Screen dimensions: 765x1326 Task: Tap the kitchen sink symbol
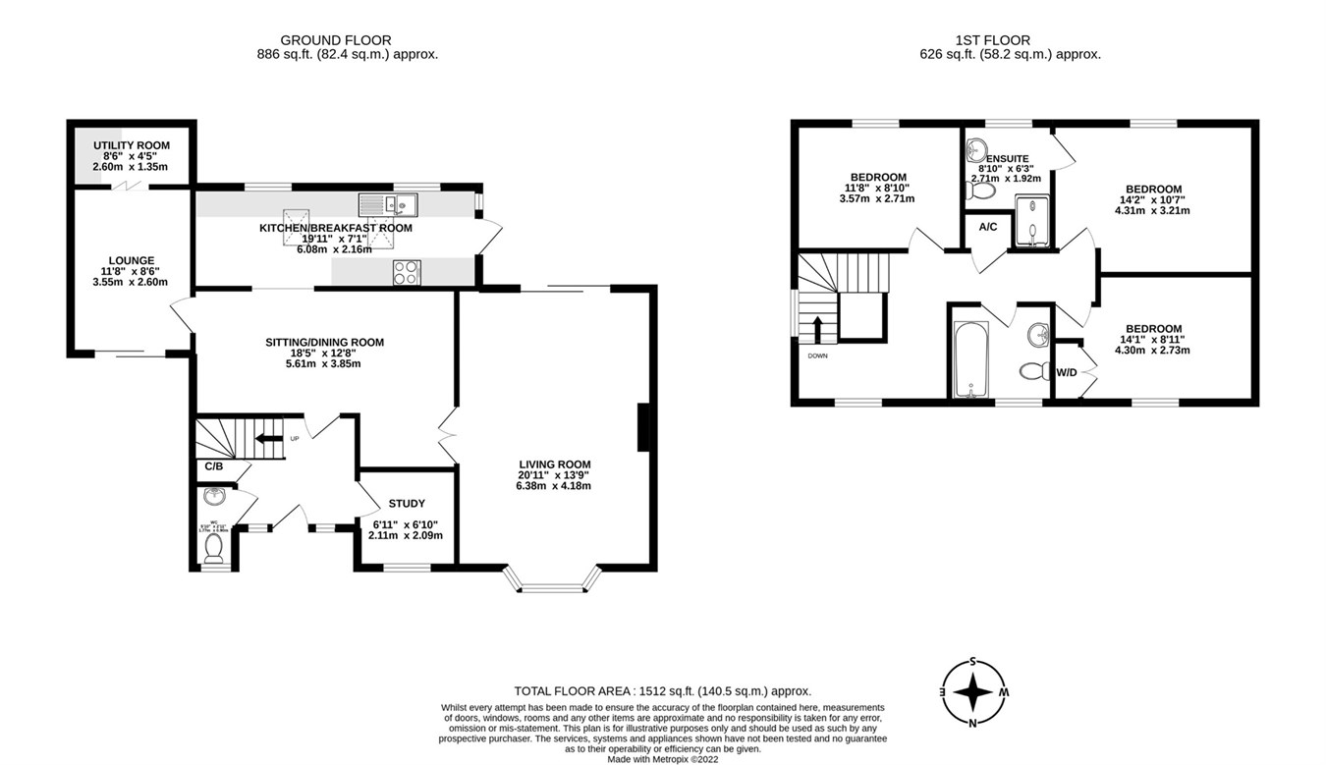click(x=389, y=205)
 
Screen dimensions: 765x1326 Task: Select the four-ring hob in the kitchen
click(x=407, y=272)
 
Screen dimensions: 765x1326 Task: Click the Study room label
click(x=407, y=504)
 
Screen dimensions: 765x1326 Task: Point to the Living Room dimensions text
click(x=555, y=480)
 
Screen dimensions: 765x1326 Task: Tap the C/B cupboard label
click(x=214, y=466)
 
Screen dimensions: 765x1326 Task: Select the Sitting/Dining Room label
click(x=324, y=343)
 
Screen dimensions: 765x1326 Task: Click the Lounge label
click(x=132, y=261)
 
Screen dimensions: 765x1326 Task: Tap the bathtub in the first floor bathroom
click(x=970, y=359)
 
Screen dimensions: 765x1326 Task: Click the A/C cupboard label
click(x=987, y=227)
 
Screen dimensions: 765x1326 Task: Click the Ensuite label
click(x=1008, y=158)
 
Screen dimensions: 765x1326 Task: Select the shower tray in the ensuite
click(x=1031, y=222)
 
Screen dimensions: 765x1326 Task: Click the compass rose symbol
click(x=973, y=692)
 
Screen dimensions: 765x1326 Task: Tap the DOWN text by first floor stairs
click(x=817, y=356)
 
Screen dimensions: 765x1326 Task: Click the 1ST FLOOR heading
click(x=993, y=40)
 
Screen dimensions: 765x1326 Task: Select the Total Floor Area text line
click(x=663, y=691)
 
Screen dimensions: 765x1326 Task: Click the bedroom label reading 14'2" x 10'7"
click(x=1153, y=190)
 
